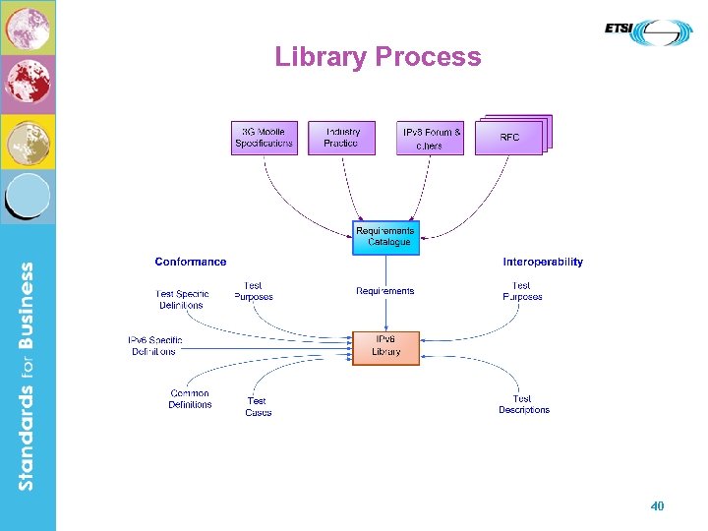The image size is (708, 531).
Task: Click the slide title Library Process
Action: [378, 57]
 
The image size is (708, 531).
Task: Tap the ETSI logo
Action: [648, 31]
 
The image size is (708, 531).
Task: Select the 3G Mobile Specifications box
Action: [264, 138]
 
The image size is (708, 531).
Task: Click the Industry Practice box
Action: [342, 138]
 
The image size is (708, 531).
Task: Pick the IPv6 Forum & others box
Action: [430, 139]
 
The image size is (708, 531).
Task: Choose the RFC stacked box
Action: [510, 138]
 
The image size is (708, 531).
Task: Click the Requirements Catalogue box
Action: [386, 237]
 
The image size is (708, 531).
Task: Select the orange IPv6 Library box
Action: [386, 347]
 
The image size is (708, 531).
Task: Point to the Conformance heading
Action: [191, 262]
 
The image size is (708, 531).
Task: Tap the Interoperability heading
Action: [543, 262]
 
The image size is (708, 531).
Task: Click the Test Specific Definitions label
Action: [182, 300]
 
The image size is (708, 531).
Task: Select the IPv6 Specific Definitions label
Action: [155, 346]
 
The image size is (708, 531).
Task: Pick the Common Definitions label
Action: [190, 399]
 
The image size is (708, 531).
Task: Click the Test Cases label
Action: [258, 407]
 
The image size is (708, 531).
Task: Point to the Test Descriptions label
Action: [523, 404]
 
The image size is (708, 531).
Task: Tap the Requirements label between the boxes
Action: [385, 291]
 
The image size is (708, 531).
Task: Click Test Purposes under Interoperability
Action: [522, 291]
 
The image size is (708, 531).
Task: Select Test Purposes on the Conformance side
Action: [254, 291]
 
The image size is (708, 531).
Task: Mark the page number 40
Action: [657, 506]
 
